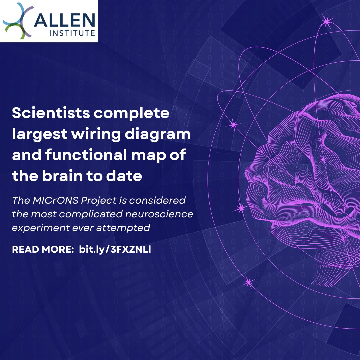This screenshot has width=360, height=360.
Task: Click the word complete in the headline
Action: click(x=131, y=113)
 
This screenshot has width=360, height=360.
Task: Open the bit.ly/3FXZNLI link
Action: click(x=115, y=249)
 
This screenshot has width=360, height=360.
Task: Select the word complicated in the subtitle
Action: click(x=84, y=214)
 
